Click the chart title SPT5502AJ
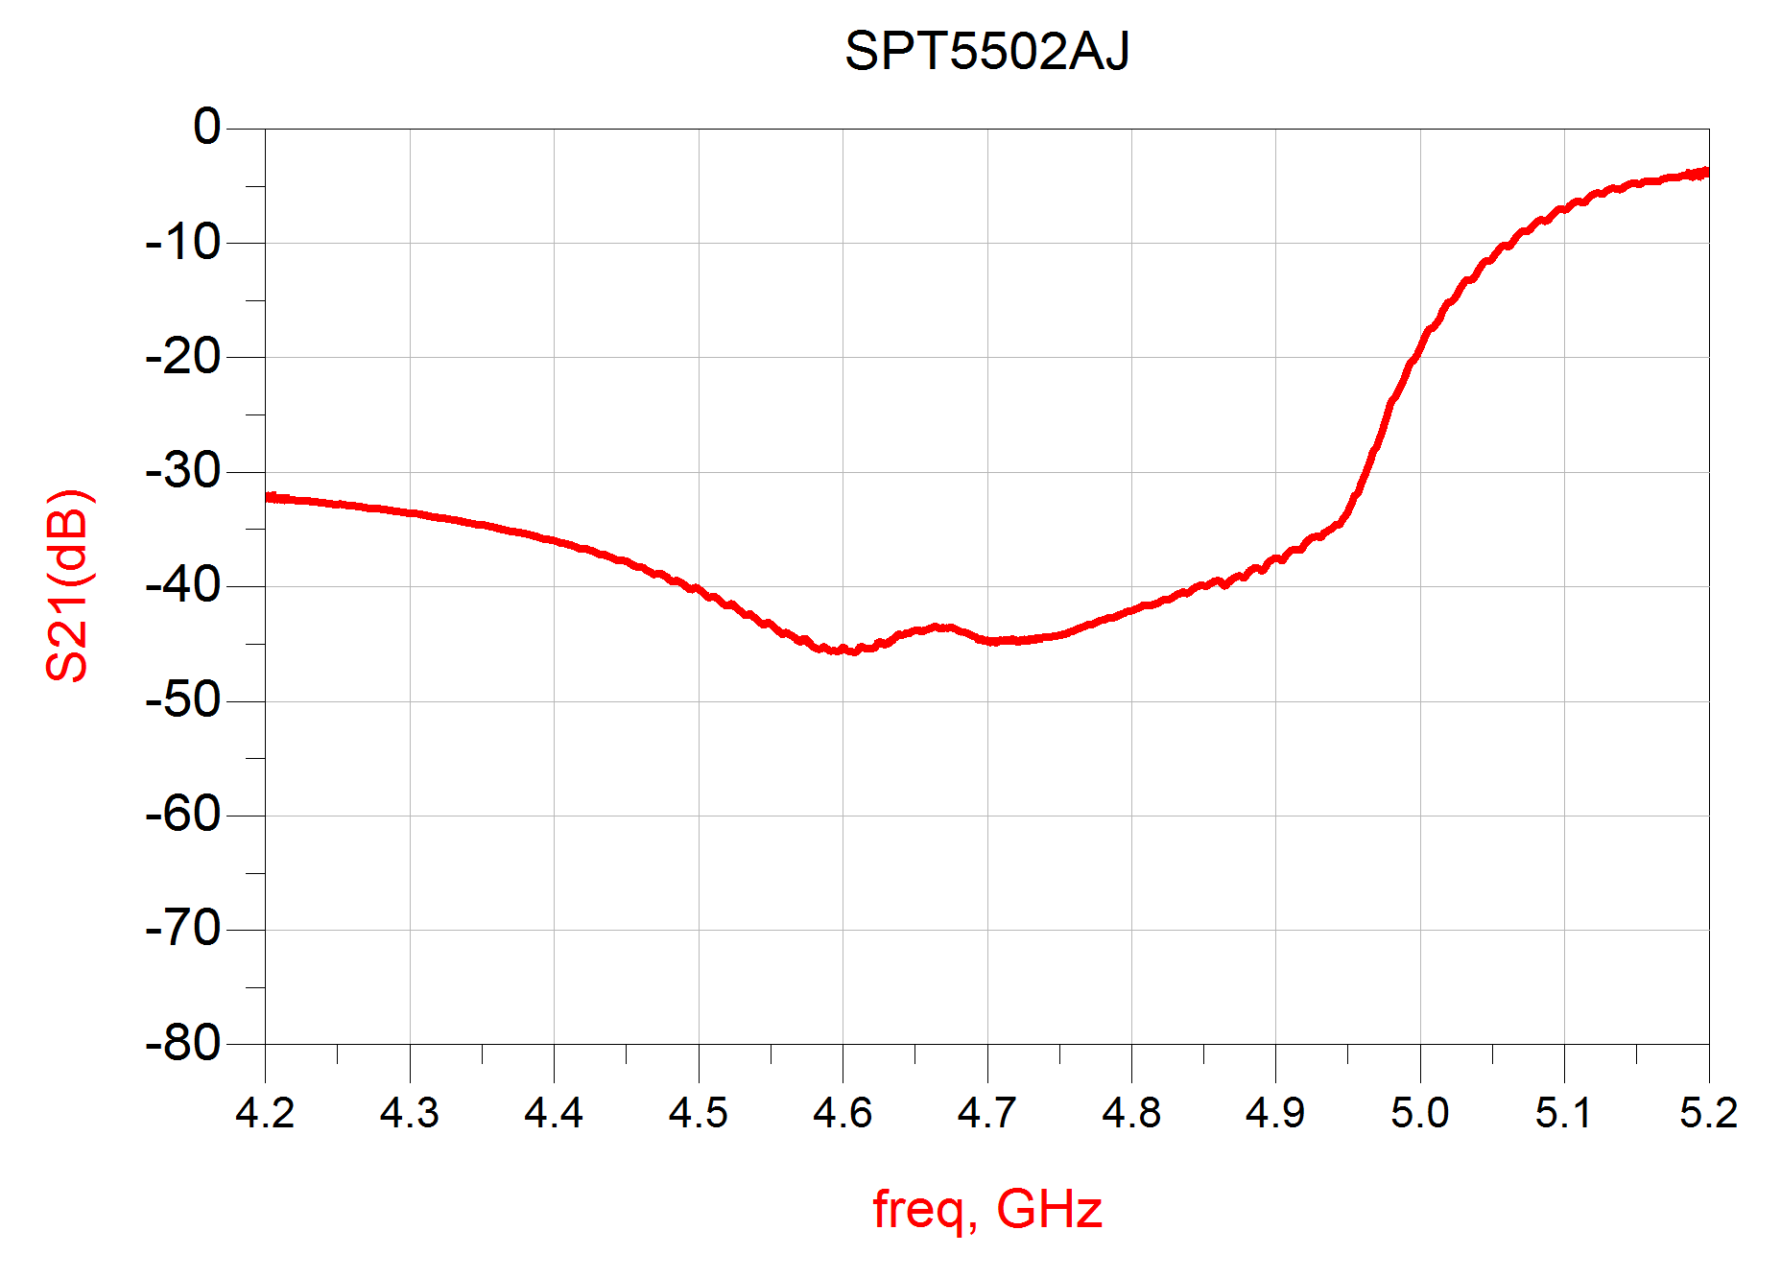[986, 52]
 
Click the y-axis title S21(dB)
[68, 585]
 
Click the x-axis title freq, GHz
[986, 1209]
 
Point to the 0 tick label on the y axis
[206, 128]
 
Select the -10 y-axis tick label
[183, 243]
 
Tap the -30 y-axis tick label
[183, 471]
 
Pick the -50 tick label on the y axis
[183, 700]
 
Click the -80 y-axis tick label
[183, 1044]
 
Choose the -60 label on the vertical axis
[183, 816]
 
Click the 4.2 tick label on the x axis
[265, 1113]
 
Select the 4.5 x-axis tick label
[698, 1113]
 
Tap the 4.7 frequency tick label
[986, 1113]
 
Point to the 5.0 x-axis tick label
[1419, 1113]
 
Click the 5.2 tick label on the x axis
[1708, 1113]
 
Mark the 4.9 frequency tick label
[1275, 1113]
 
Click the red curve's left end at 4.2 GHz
[268, 497]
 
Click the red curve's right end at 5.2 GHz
[1706, 173]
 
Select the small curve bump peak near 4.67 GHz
[940, 627]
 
